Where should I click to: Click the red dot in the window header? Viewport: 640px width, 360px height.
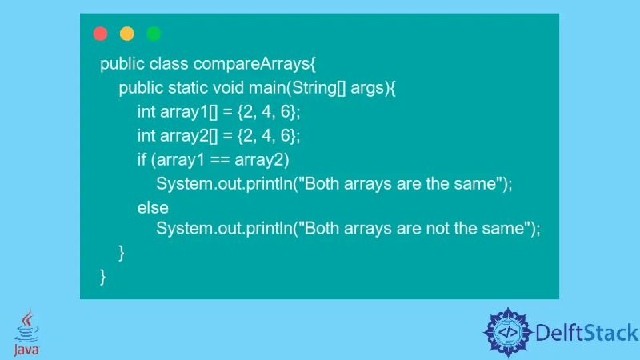click(x=100, y=34)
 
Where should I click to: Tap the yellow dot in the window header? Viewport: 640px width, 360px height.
click(x=126, y=34)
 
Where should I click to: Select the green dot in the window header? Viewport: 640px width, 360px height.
click(x=154, y=34)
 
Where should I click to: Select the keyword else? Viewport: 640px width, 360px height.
click(x=153, y=207)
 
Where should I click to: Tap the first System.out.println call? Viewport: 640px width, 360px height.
click(x=223, y=184)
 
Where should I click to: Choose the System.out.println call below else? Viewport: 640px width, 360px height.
click(x=223, y=229)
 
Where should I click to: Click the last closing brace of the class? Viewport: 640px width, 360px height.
click(x=103, y=276)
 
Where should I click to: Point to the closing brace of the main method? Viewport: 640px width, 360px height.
click(x=122, y=253)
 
